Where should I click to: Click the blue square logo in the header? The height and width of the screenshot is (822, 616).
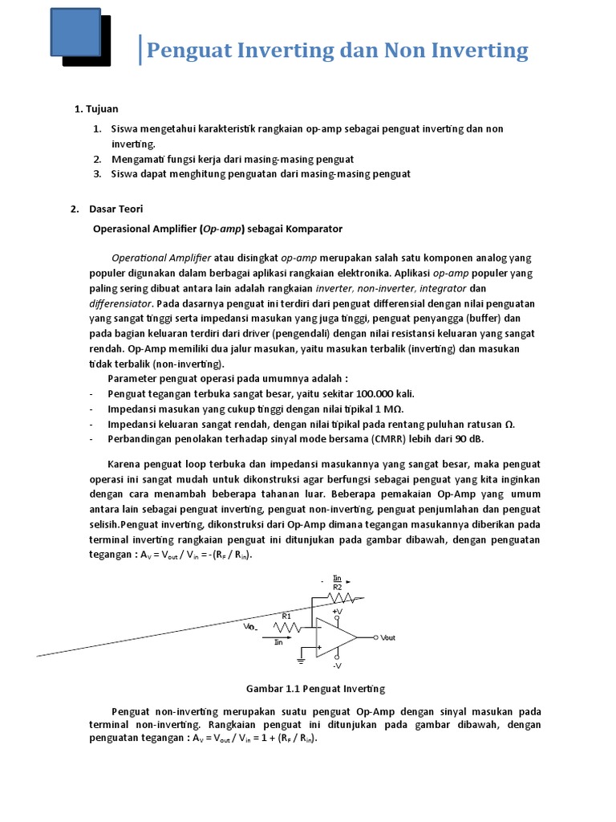[75, 33]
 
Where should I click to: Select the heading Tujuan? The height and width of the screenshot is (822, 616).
[103, 108]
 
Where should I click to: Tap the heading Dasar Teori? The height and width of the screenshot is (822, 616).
[116, 209]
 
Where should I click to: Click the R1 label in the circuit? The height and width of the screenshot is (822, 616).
[286, 616]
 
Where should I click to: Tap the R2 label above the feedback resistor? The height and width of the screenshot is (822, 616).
[337, 587]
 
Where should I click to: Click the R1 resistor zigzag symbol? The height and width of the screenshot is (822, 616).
[288, 626]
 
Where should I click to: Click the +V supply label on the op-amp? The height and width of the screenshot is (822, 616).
[337, 612]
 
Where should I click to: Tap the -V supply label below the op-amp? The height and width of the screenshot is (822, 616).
[337, 665]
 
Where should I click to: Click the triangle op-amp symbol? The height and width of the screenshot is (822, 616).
[335, 637]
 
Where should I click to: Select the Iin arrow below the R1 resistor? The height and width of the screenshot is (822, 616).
[273, 640]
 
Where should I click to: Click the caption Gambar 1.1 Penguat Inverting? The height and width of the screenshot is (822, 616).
[314, 689]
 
